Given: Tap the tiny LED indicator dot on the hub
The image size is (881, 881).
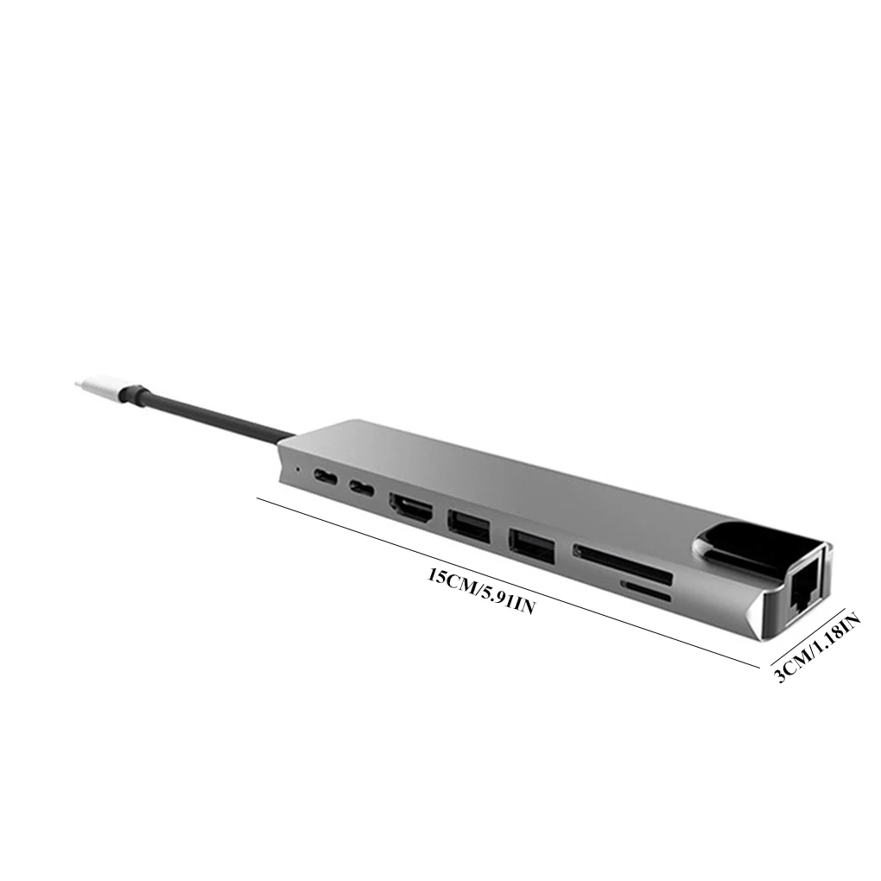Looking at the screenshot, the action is pyautogui.click(x=297, y=467).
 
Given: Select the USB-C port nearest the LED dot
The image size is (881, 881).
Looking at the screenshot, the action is pyautogui.click(x=326, y=477).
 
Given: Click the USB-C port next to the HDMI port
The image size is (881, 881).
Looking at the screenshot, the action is pyautogui.click(x=362, y=486).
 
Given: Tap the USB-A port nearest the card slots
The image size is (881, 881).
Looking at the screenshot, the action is pyautogui.click(x=532, y=544).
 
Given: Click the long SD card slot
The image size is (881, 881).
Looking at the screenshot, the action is pyautogui.click(x=622, y=564).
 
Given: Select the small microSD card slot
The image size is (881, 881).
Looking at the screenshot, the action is pyautogui.click(x=645, y=592).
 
